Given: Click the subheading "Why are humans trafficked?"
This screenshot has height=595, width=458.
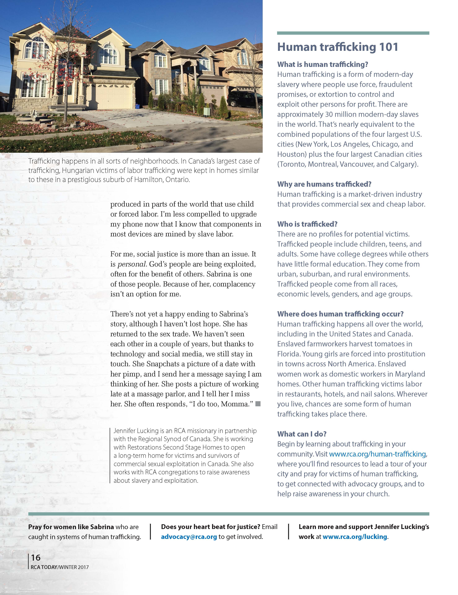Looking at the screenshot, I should [324, 184].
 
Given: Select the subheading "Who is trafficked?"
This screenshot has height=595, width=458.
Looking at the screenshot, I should [307, 224].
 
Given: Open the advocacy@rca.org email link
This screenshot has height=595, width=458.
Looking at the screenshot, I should [189, 537].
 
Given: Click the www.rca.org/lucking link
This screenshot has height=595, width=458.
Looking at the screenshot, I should [355, 537].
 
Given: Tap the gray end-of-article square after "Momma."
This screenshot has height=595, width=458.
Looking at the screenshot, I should [258, 404].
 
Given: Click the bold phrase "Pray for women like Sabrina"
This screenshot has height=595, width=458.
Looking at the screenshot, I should [71, 527].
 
